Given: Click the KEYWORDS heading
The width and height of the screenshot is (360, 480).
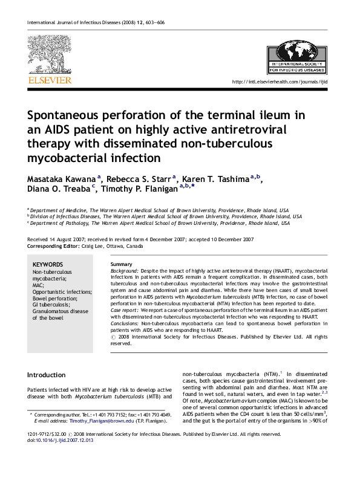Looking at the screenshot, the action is click(x=47, y=265).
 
